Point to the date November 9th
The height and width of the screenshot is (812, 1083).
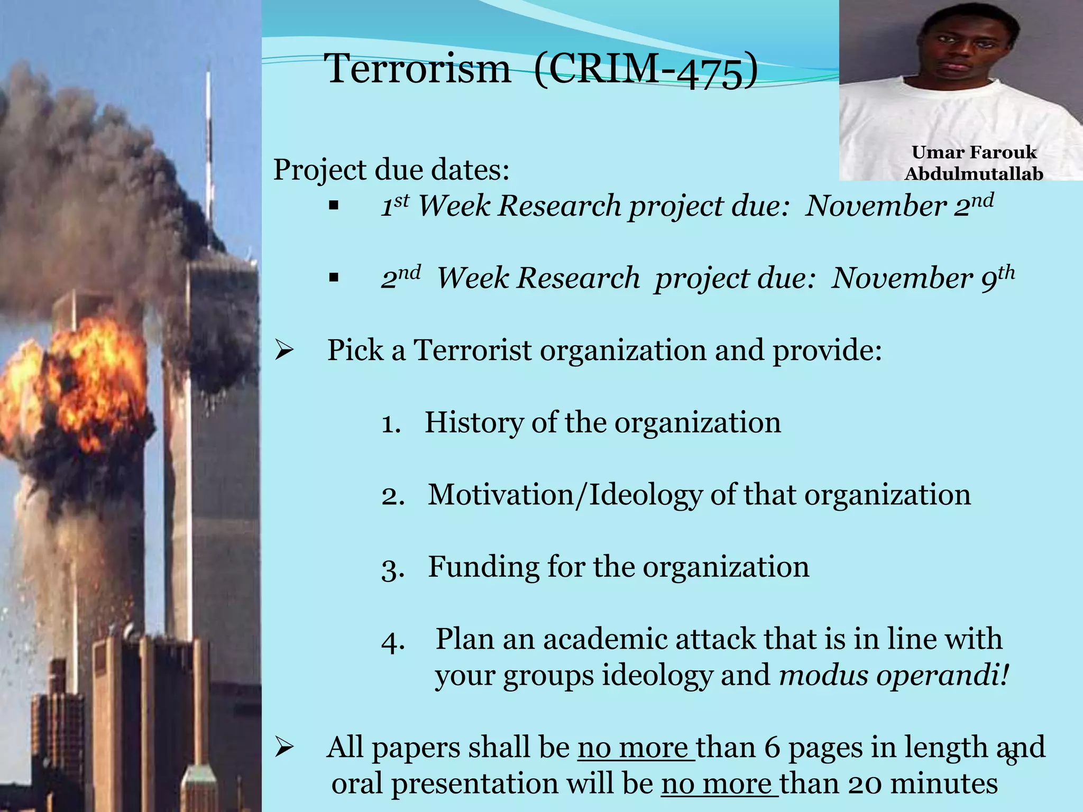pyautogui.click(x=923, y=278)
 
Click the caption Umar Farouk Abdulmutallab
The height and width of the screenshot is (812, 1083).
pyautogui.click(x=974, y=163)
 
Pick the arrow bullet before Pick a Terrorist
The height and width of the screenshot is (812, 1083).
pyautogui.click(x=284, y=350)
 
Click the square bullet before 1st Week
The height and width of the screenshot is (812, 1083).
pyautogui.click(x=333, y=206)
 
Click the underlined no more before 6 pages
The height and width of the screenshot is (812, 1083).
pyautogui.click(x=636, y=748)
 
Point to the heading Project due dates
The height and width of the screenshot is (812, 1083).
pyautogui.click(x=391, y=170)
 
